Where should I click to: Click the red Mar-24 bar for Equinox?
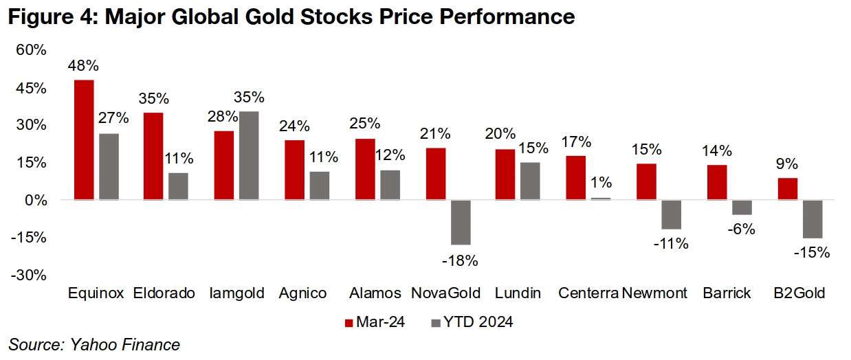point(83,140)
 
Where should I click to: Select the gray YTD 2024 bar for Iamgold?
point(249,156)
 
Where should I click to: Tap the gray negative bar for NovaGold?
point(461,222)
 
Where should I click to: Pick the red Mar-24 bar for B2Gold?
point(788,189)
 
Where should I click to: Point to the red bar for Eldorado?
point(154,156)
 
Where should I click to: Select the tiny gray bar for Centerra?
point(601,199)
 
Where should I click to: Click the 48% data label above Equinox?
point(83,67)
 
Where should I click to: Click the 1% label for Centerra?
point(601,183)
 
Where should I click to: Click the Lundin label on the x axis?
point(518,293)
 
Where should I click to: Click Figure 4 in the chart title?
point(52,17)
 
